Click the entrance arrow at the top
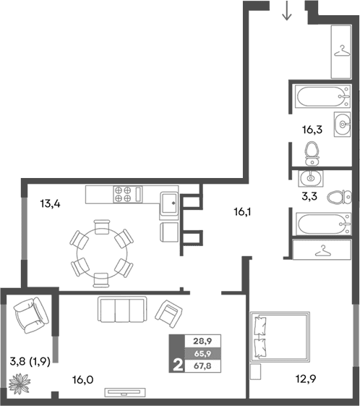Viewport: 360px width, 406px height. (287, 12)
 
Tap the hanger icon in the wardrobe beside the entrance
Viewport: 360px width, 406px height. (340, 51)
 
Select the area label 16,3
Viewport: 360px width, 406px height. (312, 130)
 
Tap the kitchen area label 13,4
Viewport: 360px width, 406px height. (49, 203)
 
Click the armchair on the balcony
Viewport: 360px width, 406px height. (30, 315)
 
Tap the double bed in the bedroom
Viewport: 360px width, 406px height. (282, 337)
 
